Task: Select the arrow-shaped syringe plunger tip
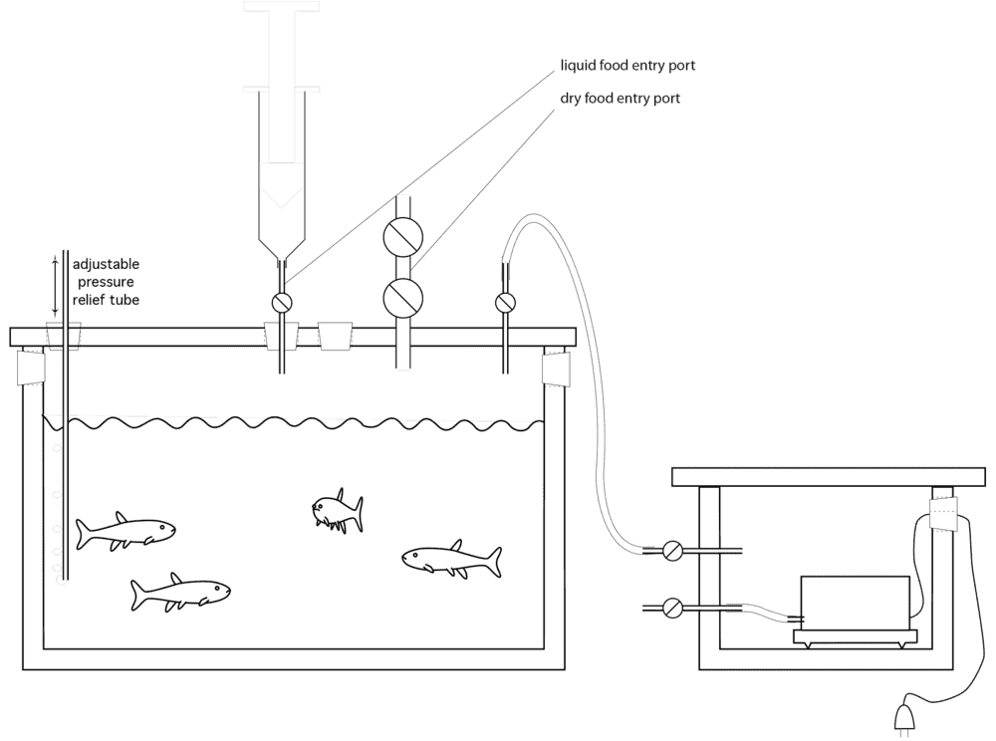pyautogui.click(x=283, y=183)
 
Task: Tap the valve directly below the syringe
pyautogui.click(x=282, y=302)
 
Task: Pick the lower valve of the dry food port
pyautogui.click(x=403, y=297)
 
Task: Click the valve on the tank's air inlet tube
pyautogui.click(x=506, y=302)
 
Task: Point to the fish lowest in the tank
pyautogui.click(x=181, y=594)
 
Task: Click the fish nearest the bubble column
pyautogui.click(x=125, y=532)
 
